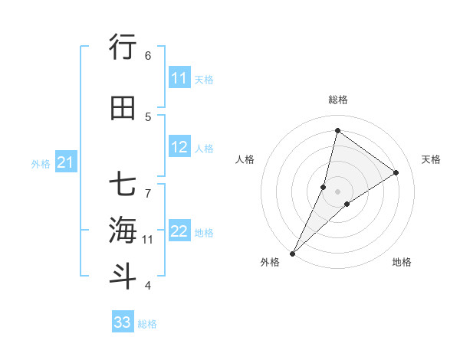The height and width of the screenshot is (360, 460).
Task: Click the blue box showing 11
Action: coord(179,78)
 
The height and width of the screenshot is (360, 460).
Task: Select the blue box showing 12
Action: coord(179,148)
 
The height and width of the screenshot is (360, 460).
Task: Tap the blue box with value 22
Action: coord(179,231)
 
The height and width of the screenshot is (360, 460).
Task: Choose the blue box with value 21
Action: coord(66,162)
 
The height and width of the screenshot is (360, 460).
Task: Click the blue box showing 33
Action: coord(123,322)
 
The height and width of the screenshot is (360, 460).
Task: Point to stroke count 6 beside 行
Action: coord(148,55)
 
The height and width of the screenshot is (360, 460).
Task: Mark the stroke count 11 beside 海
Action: coord(147,240)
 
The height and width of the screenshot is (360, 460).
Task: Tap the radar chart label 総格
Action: coord(337,100)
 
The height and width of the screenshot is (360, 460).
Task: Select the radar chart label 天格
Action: coord(431,159)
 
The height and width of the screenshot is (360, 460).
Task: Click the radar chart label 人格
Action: coord(245,159)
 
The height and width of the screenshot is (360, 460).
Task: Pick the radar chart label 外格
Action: coord(270,262)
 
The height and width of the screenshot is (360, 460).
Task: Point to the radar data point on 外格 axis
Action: coord(292,254)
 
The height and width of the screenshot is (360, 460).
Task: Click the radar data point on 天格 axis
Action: coord(396,172)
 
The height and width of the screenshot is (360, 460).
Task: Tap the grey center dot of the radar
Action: coord(337,191)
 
